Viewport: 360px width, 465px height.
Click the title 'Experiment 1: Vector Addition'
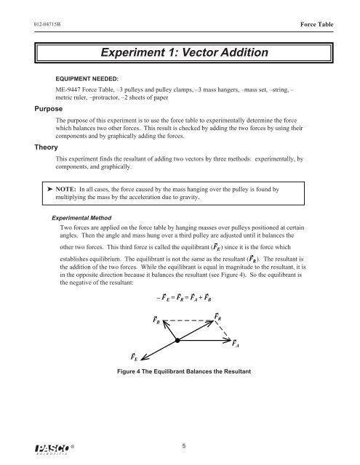[x=179, y=52]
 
